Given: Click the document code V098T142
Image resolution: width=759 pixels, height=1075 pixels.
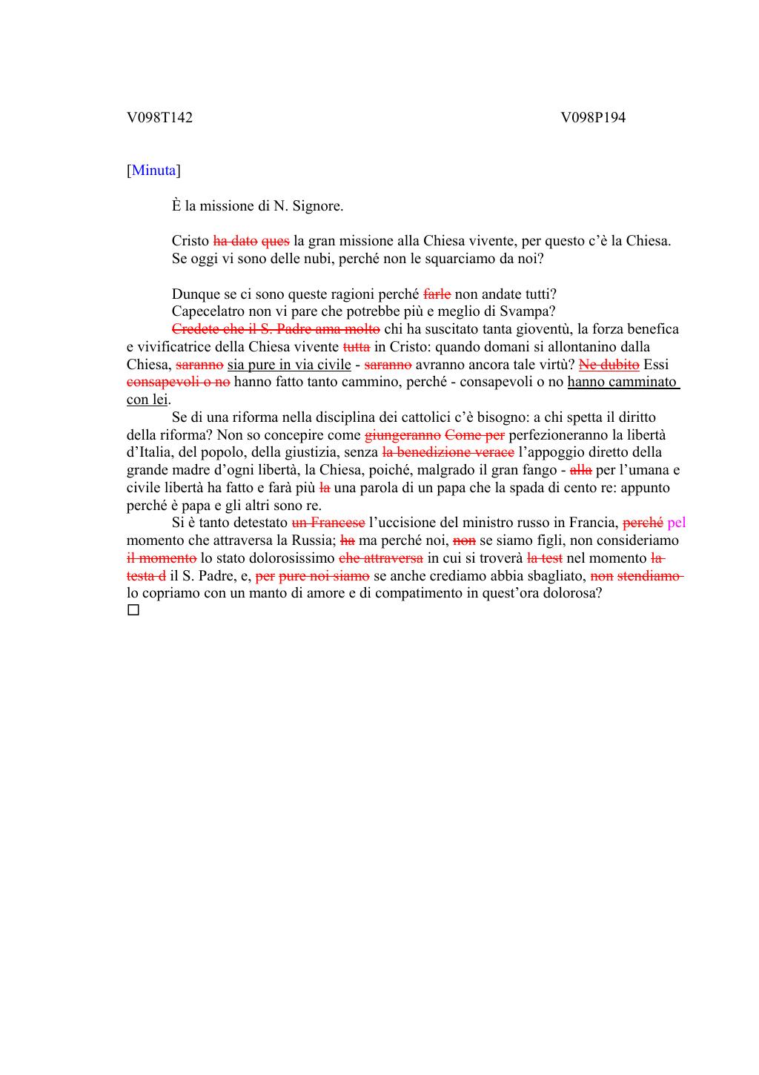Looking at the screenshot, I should point(159,117).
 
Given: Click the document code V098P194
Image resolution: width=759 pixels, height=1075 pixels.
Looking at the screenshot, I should point(593,117).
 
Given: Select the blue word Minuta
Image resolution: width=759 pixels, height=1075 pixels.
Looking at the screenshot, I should point(153,171).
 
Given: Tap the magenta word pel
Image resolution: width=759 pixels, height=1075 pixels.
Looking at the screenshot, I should point(676,523).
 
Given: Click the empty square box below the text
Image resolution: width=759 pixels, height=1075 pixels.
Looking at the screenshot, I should point(133,610).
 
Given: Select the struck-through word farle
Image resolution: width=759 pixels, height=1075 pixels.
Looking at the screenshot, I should point(437,294).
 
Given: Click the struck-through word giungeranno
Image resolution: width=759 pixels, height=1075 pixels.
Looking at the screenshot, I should point(402,434).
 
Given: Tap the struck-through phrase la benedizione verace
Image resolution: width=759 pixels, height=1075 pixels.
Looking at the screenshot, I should point(448,452).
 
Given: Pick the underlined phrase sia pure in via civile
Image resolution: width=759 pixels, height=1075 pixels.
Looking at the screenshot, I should point(289,364).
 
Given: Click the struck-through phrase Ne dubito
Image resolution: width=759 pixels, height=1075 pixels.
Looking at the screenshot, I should point(609,364).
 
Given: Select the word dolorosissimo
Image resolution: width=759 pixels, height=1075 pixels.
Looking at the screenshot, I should point(294,558).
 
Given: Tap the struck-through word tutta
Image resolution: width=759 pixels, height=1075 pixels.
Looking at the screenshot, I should point(356,346).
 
